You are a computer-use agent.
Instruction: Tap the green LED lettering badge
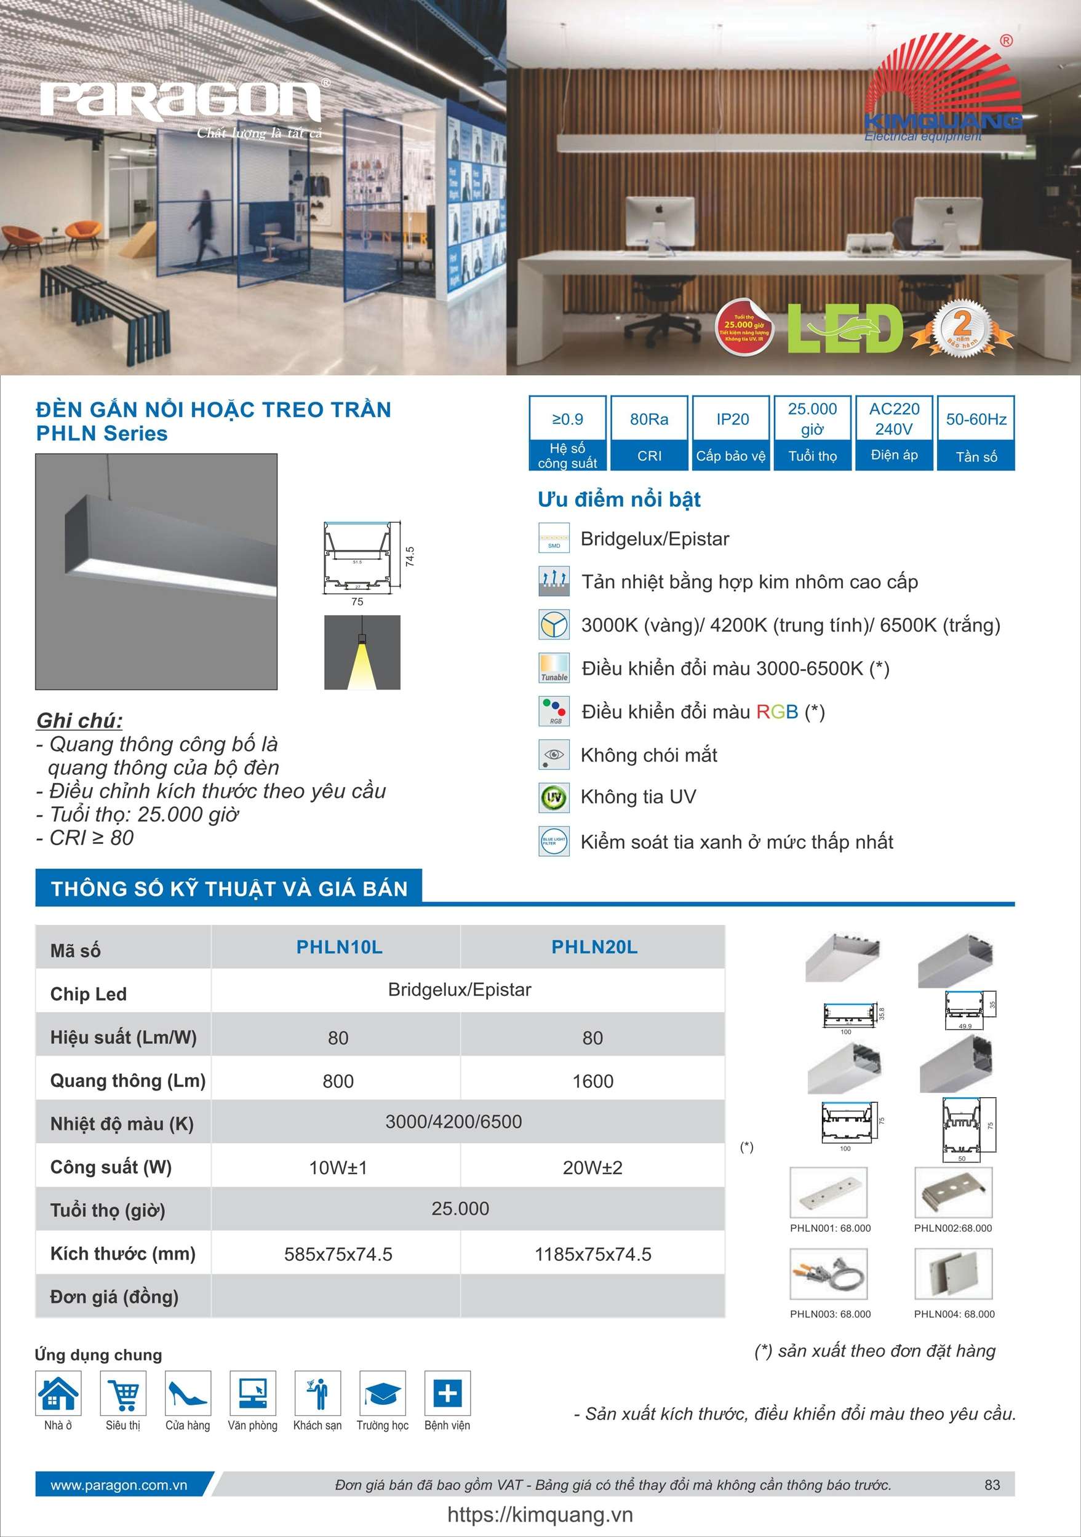[x=845, y=330]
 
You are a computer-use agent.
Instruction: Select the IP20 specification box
[x=732, y=432]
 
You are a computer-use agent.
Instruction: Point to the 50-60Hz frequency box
[x=976, y=432]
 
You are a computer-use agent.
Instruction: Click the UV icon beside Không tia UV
[x=554, y=797]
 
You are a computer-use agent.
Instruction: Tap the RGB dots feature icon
[x=554, y=711]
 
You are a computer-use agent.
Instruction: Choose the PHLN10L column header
[x=339, y=947]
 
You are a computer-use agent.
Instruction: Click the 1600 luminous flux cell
[x=592, y=1081]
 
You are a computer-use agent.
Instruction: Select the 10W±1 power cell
[x=338, y=1168]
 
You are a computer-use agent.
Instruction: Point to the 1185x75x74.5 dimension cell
[x=592, y=1255]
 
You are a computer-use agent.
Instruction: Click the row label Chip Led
[x=89, y=994]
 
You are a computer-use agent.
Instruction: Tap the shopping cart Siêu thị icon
[x=123, y=1394]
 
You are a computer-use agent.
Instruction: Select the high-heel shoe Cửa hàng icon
[x=188, y=1394]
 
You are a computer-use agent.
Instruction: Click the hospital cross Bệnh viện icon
[x=447, y=1394]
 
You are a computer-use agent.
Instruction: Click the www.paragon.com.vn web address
[x=119, y=1485]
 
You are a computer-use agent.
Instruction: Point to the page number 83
[x=992, y=1485]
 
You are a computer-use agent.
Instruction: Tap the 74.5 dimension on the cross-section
[x=410, y=556]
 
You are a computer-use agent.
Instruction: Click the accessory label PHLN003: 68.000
[x=830, y=1314]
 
